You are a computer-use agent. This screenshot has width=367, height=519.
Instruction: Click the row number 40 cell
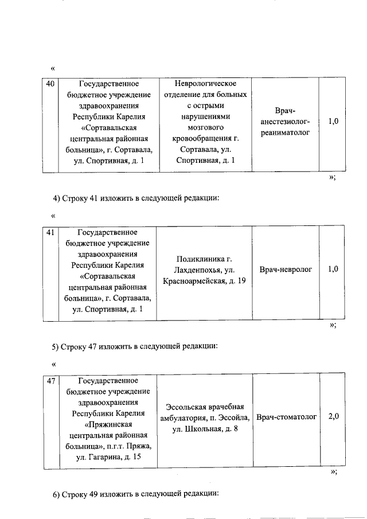click(x=50, y=85)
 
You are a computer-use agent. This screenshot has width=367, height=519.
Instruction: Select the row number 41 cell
click(x=50, y=233)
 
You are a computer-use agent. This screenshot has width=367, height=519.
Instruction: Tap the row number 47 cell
click(x=50, y=381)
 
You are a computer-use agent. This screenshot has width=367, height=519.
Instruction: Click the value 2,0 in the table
click(x=334, y=417)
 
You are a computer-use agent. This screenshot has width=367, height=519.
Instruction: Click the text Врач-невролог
click(x=286, y=270)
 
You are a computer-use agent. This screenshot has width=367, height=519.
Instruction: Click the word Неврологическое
click(x=205, y=84)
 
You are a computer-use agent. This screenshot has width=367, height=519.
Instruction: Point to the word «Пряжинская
click(x=108, y=425)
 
